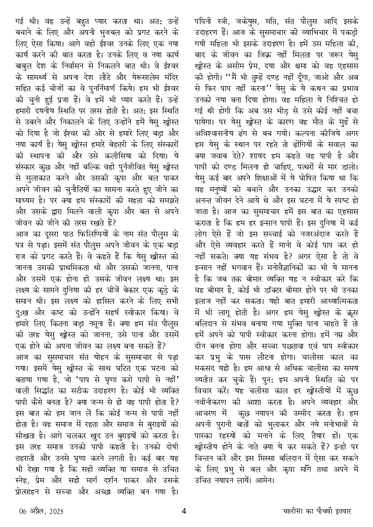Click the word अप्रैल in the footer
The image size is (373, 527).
(x=36, y=511)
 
